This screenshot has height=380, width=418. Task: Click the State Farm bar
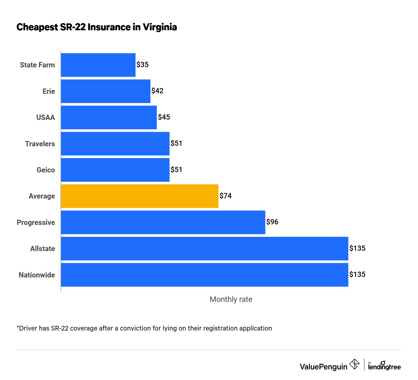(x=98, y=65)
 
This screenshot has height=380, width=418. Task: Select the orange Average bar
(x=139, y=196)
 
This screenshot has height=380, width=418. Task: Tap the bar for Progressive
(x=163, y=222)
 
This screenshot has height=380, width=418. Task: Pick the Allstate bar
(x=204, y=249)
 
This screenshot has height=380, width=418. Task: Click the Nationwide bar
(x=204, y=275)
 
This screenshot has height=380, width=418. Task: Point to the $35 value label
(x=142, y=65)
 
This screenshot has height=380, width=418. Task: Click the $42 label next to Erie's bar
(x=157, y=91)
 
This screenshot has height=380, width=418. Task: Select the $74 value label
(x=226, y=196)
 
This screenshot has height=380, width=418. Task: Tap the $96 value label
(x=272, y=222)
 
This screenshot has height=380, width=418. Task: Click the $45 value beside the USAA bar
(x=164, y=117)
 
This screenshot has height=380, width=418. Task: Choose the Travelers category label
(x=40, y=144)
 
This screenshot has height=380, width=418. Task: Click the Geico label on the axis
(x=46, y=170)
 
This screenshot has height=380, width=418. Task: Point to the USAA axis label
(x=45, y=117)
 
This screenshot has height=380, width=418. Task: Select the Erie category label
(x=49, y=91)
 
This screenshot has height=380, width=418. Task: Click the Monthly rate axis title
(x=231, y=299)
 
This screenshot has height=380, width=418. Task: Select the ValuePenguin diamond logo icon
(x=354, y=365)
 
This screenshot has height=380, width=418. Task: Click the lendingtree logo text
(x=384, y=367)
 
